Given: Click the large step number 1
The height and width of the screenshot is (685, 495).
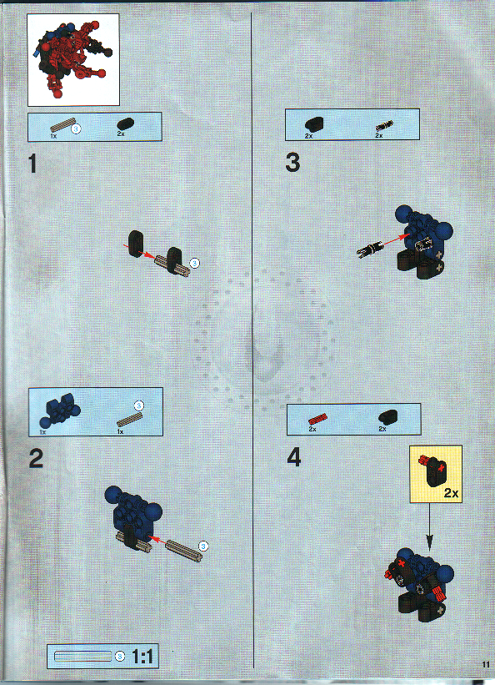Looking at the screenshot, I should (32, 164).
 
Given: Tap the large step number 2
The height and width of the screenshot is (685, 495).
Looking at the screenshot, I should (35, 458).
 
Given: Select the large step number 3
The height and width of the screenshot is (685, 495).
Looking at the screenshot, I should (292, 163).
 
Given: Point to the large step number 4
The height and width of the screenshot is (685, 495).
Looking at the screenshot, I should (293, 458).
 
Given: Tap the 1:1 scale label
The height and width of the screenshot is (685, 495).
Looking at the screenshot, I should (143, 657).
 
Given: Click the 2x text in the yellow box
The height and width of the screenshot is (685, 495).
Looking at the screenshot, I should (451, 493).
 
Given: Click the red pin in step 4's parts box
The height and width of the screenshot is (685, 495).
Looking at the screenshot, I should (316, 419).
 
